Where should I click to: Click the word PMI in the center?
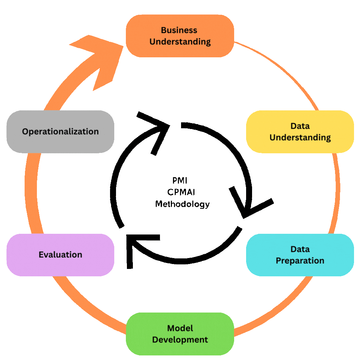coord(180,181)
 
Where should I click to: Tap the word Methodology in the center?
coord(182,204)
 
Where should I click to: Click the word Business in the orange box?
coord(179,30)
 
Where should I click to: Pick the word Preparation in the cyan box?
coord(300,261)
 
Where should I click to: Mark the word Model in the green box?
coord(180,328)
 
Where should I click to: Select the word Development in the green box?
coord(180,340)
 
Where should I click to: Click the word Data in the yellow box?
coord(300,126)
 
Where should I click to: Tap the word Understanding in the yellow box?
coord(300,137)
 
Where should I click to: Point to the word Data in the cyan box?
coord(300,249)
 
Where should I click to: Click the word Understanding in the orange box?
coord(180,42)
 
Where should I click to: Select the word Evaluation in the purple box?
coord(60,255)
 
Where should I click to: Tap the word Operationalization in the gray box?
coord(60,131)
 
